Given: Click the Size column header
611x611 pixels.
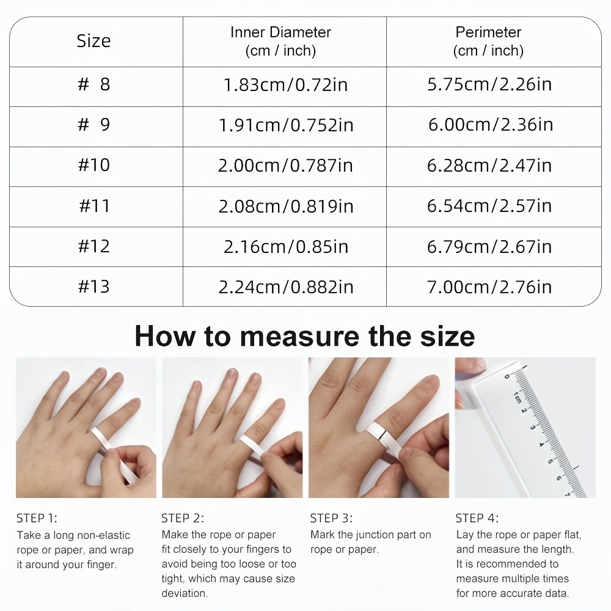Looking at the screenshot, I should pos(93,41).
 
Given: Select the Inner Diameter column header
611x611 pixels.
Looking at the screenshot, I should pos(280,41).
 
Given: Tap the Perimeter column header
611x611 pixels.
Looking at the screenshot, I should pos(488,41).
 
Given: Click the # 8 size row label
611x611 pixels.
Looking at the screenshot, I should pos(94,84).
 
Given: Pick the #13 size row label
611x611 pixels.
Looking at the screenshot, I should pos(94,287).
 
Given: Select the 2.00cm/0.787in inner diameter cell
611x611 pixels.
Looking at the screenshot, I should pos(286,166).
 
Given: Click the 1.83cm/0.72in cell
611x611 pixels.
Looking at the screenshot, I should pos(286,84).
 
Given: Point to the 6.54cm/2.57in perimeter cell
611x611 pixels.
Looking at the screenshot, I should pos(489,206).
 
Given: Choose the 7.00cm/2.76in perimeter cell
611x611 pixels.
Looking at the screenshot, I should pos(489,287).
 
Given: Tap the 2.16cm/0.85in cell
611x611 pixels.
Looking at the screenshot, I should pos(286,246).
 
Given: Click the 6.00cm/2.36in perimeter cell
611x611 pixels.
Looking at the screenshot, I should pos(490,125).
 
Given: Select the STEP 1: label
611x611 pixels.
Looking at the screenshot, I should pos(37,519).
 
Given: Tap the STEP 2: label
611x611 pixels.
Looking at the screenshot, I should pos(183,519).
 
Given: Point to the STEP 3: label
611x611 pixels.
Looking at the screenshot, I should pos(331,519).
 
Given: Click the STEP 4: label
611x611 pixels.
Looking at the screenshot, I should pos(477,519).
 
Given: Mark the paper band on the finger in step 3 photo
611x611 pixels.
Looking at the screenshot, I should pos(381,431).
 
